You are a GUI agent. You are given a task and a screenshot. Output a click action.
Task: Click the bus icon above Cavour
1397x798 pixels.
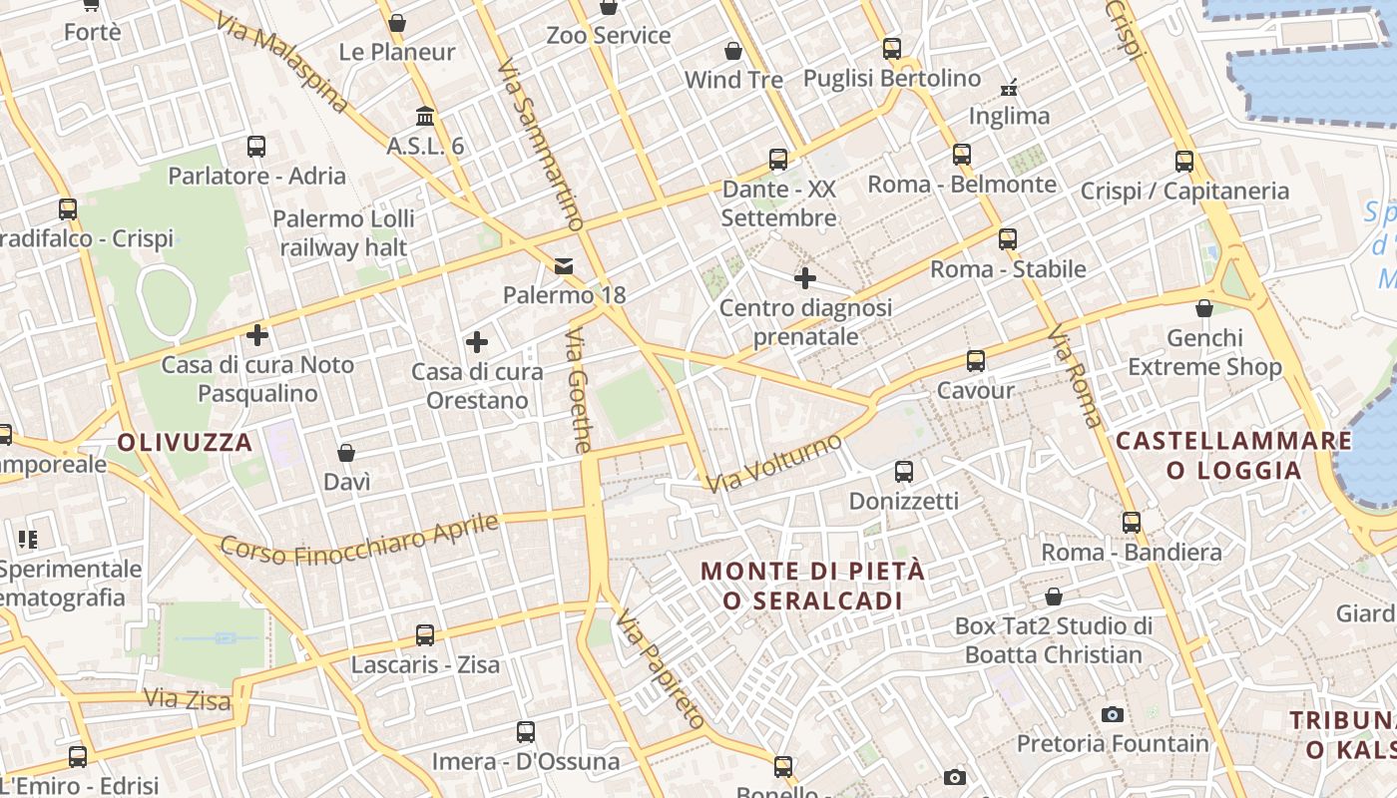tap(975, 361)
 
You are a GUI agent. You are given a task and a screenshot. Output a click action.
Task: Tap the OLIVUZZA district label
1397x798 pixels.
tap(186, 442)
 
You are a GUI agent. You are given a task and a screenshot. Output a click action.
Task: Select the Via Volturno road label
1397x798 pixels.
tap(774, 463)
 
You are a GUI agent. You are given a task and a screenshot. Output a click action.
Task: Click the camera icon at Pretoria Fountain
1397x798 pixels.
tap(1112, 714)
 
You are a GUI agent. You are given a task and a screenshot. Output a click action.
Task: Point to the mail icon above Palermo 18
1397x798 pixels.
tap(565, 265)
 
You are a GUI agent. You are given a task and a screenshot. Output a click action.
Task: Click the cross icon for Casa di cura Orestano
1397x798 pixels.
tap(477, 342)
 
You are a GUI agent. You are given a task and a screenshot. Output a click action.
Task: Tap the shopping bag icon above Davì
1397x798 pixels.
tap(346, 453)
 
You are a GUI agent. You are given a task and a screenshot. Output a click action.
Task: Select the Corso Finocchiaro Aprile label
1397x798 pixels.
tap(358, 539)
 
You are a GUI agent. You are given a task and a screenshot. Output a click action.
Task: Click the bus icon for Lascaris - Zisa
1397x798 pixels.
tap(425, 634)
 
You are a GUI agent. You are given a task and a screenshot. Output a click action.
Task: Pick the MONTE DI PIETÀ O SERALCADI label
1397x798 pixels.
tap(813, 586)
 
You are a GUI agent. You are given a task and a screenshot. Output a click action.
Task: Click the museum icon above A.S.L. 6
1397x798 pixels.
tap(425, 116)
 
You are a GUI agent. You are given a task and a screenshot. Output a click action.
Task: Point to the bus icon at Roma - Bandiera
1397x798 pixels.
tap(1131, 523)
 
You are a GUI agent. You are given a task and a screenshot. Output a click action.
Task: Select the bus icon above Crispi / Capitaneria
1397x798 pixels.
tap(1183, 161)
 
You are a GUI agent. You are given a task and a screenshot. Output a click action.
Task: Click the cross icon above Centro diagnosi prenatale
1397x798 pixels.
tap(805, 277)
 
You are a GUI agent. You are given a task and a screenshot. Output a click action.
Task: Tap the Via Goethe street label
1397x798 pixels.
tap(579, 390)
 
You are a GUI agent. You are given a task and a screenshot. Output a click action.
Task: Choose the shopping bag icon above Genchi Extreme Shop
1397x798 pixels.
tap(1204, 308)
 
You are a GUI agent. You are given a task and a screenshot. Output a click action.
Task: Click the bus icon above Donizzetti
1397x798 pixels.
tap(903, 471)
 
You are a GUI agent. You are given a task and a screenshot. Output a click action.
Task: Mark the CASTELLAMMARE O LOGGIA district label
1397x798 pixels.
tap(1233, 455)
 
